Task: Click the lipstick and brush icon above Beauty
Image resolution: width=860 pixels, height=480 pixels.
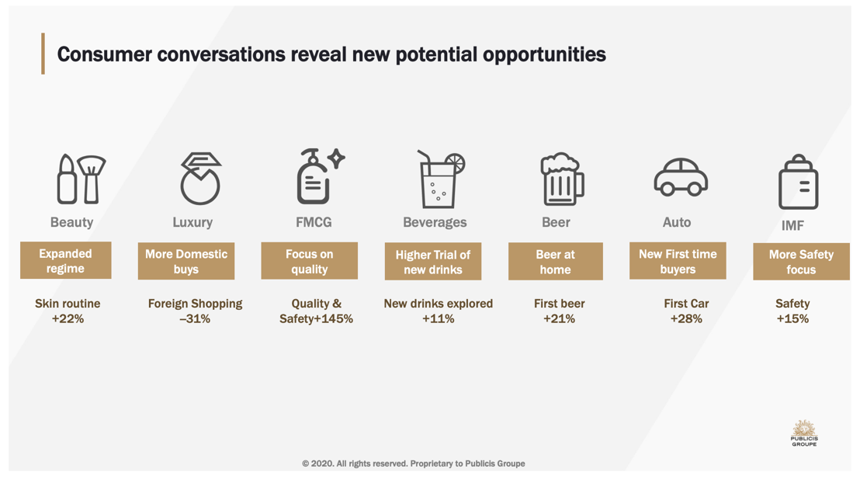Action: (x=81, y=179)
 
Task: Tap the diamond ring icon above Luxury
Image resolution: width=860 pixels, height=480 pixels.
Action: (x=201, y=179)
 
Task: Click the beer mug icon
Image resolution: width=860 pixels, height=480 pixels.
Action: (x=562, y=179)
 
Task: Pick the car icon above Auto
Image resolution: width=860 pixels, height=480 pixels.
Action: (x=681, y=177)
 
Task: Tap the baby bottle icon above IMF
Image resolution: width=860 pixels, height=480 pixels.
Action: (x=798, y=182)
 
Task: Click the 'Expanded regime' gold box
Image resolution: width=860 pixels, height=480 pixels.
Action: (x=66, y=260)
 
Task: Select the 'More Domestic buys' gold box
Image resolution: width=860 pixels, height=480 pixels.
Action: (x=186, y=261)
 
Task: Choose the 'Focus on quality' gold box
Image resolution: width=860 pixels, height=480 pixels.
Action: (x=310, y=261)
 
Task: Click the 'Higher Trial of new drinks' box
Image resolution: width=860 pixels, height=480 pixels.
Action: (x=433, y=262)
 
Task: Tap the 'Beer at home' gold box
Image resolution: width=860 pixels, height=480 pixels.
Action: (x=556, y=262)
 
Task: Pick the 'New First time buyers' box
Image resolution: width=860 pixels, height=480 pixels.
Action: (x=678, y=261)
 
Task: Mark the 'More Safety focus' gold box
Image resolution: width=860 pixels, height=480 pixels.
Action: (x=801, y=262)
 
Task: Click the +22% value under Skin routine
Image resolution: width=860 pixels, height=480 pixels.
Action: (x=68, y=318)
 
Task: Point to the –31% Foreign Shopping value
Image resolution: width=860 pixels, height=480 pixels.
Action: (x=195, y=318)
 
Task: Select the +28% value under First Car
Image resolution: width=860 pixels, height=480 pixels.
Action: (x=686, y=318)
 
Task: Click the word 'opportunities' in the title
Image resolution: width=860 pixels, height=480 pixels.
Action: (x=544, y=55)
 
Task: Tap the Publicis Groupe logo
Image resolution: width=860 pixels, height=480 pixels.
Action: (x=804, y=433)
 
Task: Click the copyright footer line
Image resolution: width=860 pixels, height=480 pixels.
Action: (x=414, y=464)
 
